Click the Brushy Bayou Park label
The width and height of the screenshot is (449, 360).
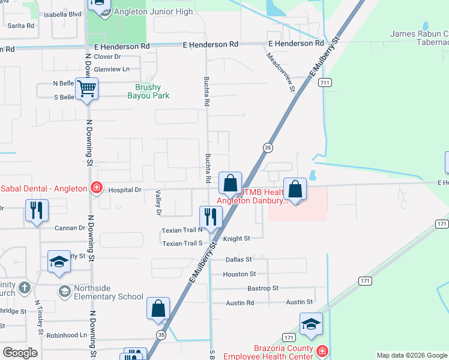(148, 91)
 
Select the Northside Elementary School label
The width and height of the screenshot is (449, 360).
(109, 296)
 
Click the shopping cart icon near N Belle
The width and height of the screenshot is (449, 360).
(87, 89)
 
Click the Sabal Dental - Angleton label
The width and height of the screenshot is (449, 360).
(43, 188)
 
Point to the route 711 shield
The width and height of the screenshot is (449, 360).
(325, 82)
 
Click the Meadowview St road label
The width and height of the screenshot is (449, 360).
(281, 71)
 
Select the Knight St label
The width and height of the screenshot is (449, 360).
(237, 238)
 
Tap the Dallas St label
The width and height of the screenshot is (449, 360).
(237, 260)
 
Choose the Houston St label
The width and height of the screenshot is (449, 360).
(240, 274)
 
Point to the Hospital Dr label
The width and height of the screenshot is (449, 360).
(124, 190)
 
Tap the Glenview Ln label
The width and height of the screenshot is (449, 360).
(113, 69)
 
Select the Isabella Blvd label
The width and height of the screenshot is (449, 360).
(62, 14)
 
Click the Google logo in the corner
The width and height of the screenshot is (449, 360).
(20, 352)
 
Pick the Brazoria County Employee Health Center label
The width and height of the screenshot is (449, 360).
(268, 352)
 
